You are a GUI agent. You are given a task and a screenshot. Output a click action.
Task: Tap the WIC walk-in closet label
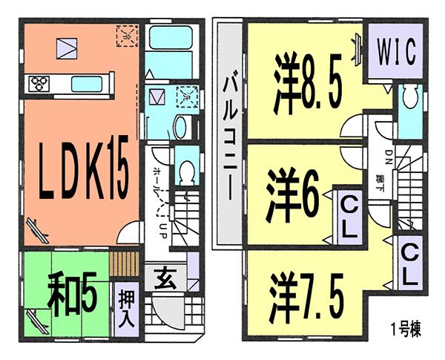tap(392, 54)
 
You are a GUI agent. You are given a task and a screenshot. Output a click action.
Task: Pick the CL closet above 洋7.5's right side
tap(409, 266)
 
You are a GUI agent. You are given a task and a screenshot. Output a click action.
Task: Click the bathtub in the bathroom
tap(168, 39)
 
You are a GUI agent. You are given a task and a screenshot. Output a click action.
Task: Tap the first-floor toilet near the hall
tap(186, 171)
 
